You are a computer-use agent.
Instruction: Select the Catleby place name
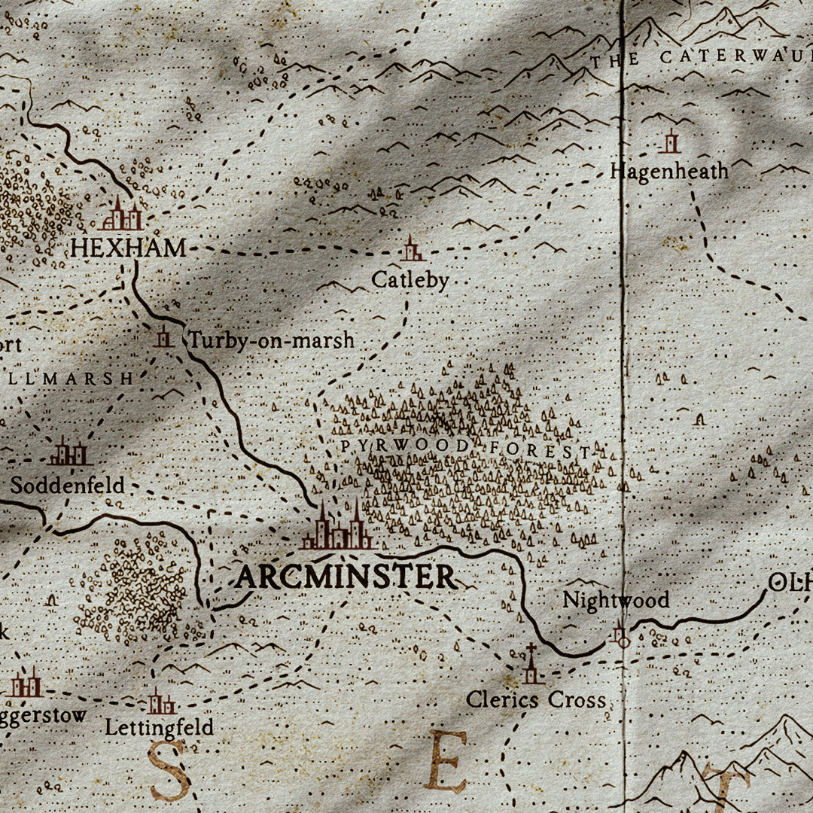[410, 280]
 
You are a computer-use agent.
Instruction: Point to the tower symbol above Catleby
[411, 249]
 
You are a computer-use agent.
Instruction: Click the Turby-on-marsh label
[271, 340]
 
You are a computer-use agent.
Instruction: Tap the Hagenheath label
[669, 171]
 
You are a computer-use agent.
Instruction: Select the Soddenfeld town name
[67, 485]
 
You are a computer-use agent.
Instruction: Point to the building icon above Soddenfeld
[70, 452]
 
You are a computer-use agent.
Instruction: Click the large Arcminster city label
[346, 577]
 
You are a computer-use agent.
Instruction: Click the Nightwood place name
[616, 600]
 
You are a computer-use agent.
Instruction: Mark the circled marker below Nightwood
[620, 635]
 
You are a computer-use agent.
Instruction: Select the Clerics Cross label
[535, 699]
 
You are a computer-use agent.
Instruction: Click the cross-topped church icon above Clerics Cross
[531, 665]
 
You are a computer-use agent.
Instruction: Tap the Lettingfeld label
[159, 727]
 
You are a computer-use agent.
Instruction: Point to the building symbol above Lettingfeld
[160, 702]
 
